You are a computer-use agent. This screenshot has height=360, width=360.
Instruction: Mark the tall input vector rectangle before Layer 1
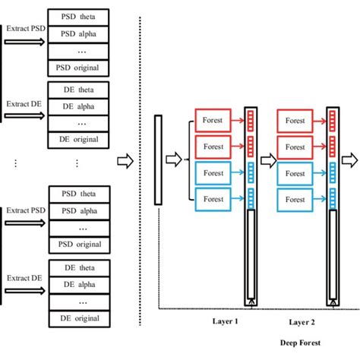tap(158, 159)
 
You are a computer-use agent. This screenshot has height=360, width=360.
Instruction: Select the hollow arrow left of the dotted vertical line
tap(125, 161)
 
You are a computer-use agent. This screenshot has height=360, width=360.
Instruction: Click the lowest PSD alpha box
tap(77, 210)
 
